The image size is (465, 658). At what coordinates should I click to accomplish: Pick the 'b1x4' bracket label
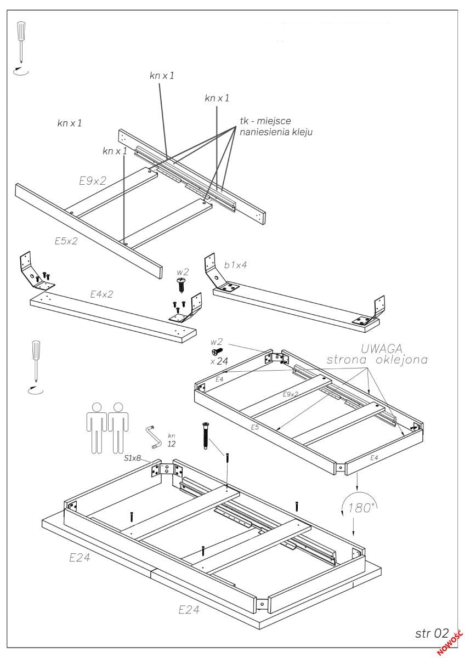(x=235, y=265)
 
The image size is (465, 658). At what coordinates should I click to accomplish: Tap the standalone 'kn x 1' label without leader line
(x=70, y=123)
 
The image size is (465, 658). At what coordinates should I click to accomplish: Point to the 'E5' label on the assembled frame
(x=254, y=426)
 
